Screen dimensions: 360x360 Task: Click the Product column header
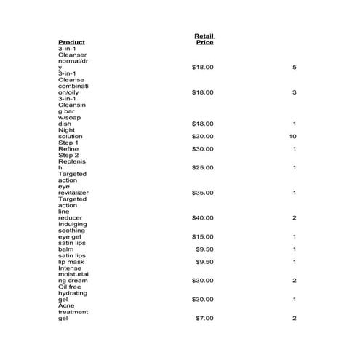point(71,42)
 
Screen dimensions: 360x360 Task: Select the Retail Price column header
point(204,39)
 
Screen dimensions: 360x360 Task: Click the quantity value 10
point(292,136)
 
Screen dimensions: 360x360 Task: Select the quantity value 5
point(294,68)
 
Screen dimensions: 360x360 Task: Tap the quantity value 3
point(294,92)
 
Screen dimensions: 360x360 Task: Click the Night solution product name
point(71,133)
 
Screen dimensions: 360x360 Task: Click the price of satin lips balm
point(205,249)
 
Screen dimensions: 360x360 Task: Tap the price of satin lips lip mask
point(205,262)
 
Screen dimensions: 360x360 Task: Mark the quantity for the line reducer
point(294,218)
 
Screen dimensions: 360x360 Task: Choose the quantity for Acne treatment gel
point(294,319)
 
